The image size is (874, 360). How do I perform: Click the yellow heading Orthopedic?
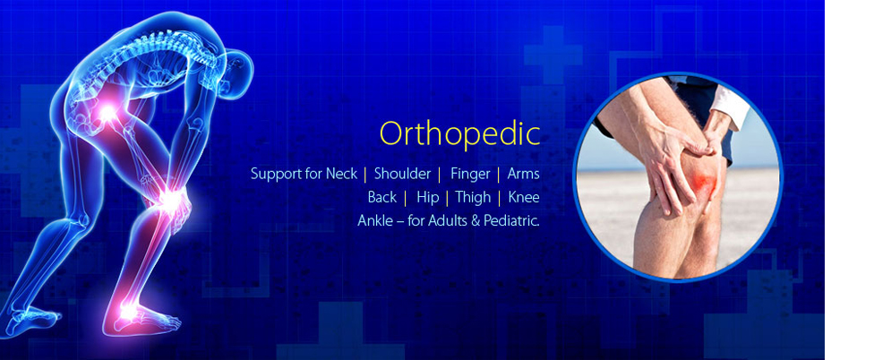click(x=460, y=134)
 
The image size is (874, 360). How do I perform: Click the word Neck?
click(x=342, y=174)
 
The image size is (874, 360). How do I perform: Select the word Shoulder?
click(x=402, y=174)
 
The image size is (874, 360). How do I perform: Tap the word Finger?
click(x=470, y=175)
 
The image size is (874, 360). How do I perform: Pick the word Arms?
click(x=523, y=174)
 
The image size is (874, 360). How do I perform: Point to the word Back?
click(x=382, y=197)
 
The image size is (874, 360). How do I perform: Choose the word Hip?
click(x=427, y=198)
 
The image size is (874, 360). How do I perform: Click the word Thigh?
click(x=473, y=198)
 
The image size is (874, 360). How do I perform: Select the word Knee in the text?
click(x=524, y=197)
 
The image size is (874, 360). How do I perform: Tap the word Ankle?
click(x=375, y=220)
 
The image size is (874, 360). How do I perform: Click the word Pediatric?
click(x=511, y=220)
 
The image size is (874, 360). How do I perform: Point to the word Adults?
click(x=448, y=220)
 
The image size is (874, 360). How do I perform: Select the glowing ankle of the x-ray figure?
click(x=129, y=311)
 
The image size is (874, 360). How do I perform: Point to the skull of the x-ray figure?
click(x=238, y=72)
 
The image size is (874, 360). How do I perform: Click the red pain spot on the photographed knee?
click(x=704, y=181)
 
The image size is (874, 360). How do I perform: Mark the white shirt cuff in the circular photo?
click(x=730, y=106)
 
